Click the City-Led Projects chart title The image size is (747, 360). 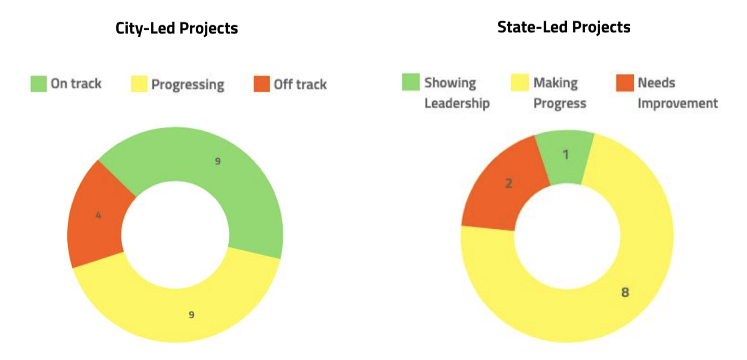177,28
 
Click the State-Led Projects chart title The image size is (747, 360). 563,27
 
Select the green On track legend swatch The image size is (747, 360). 39,84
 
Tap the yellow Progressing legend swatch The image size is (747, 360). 138,84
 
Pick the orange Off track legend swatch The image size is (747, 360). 262,84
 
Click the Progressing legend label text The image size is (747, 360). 188,85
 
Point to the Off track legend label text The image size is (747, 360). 300,84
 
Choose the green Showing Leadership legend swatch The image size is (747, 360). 410,82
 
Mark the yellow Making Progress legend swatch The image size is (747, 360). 520,82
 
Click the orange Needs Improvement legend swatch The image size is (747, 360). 623,82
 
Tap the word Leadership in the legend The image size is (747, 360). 457,103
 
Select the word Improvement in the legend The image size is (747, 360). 678,103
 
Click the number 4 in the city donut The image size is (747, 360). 98,215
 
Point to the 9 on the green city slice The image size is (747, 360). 218,161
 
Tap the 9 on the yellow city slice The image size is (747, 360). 191,315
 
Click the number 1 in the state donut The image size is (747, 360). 566,154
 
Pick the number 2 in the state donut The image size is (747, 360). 509,184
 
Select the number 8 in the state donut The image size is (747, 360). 625,292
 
